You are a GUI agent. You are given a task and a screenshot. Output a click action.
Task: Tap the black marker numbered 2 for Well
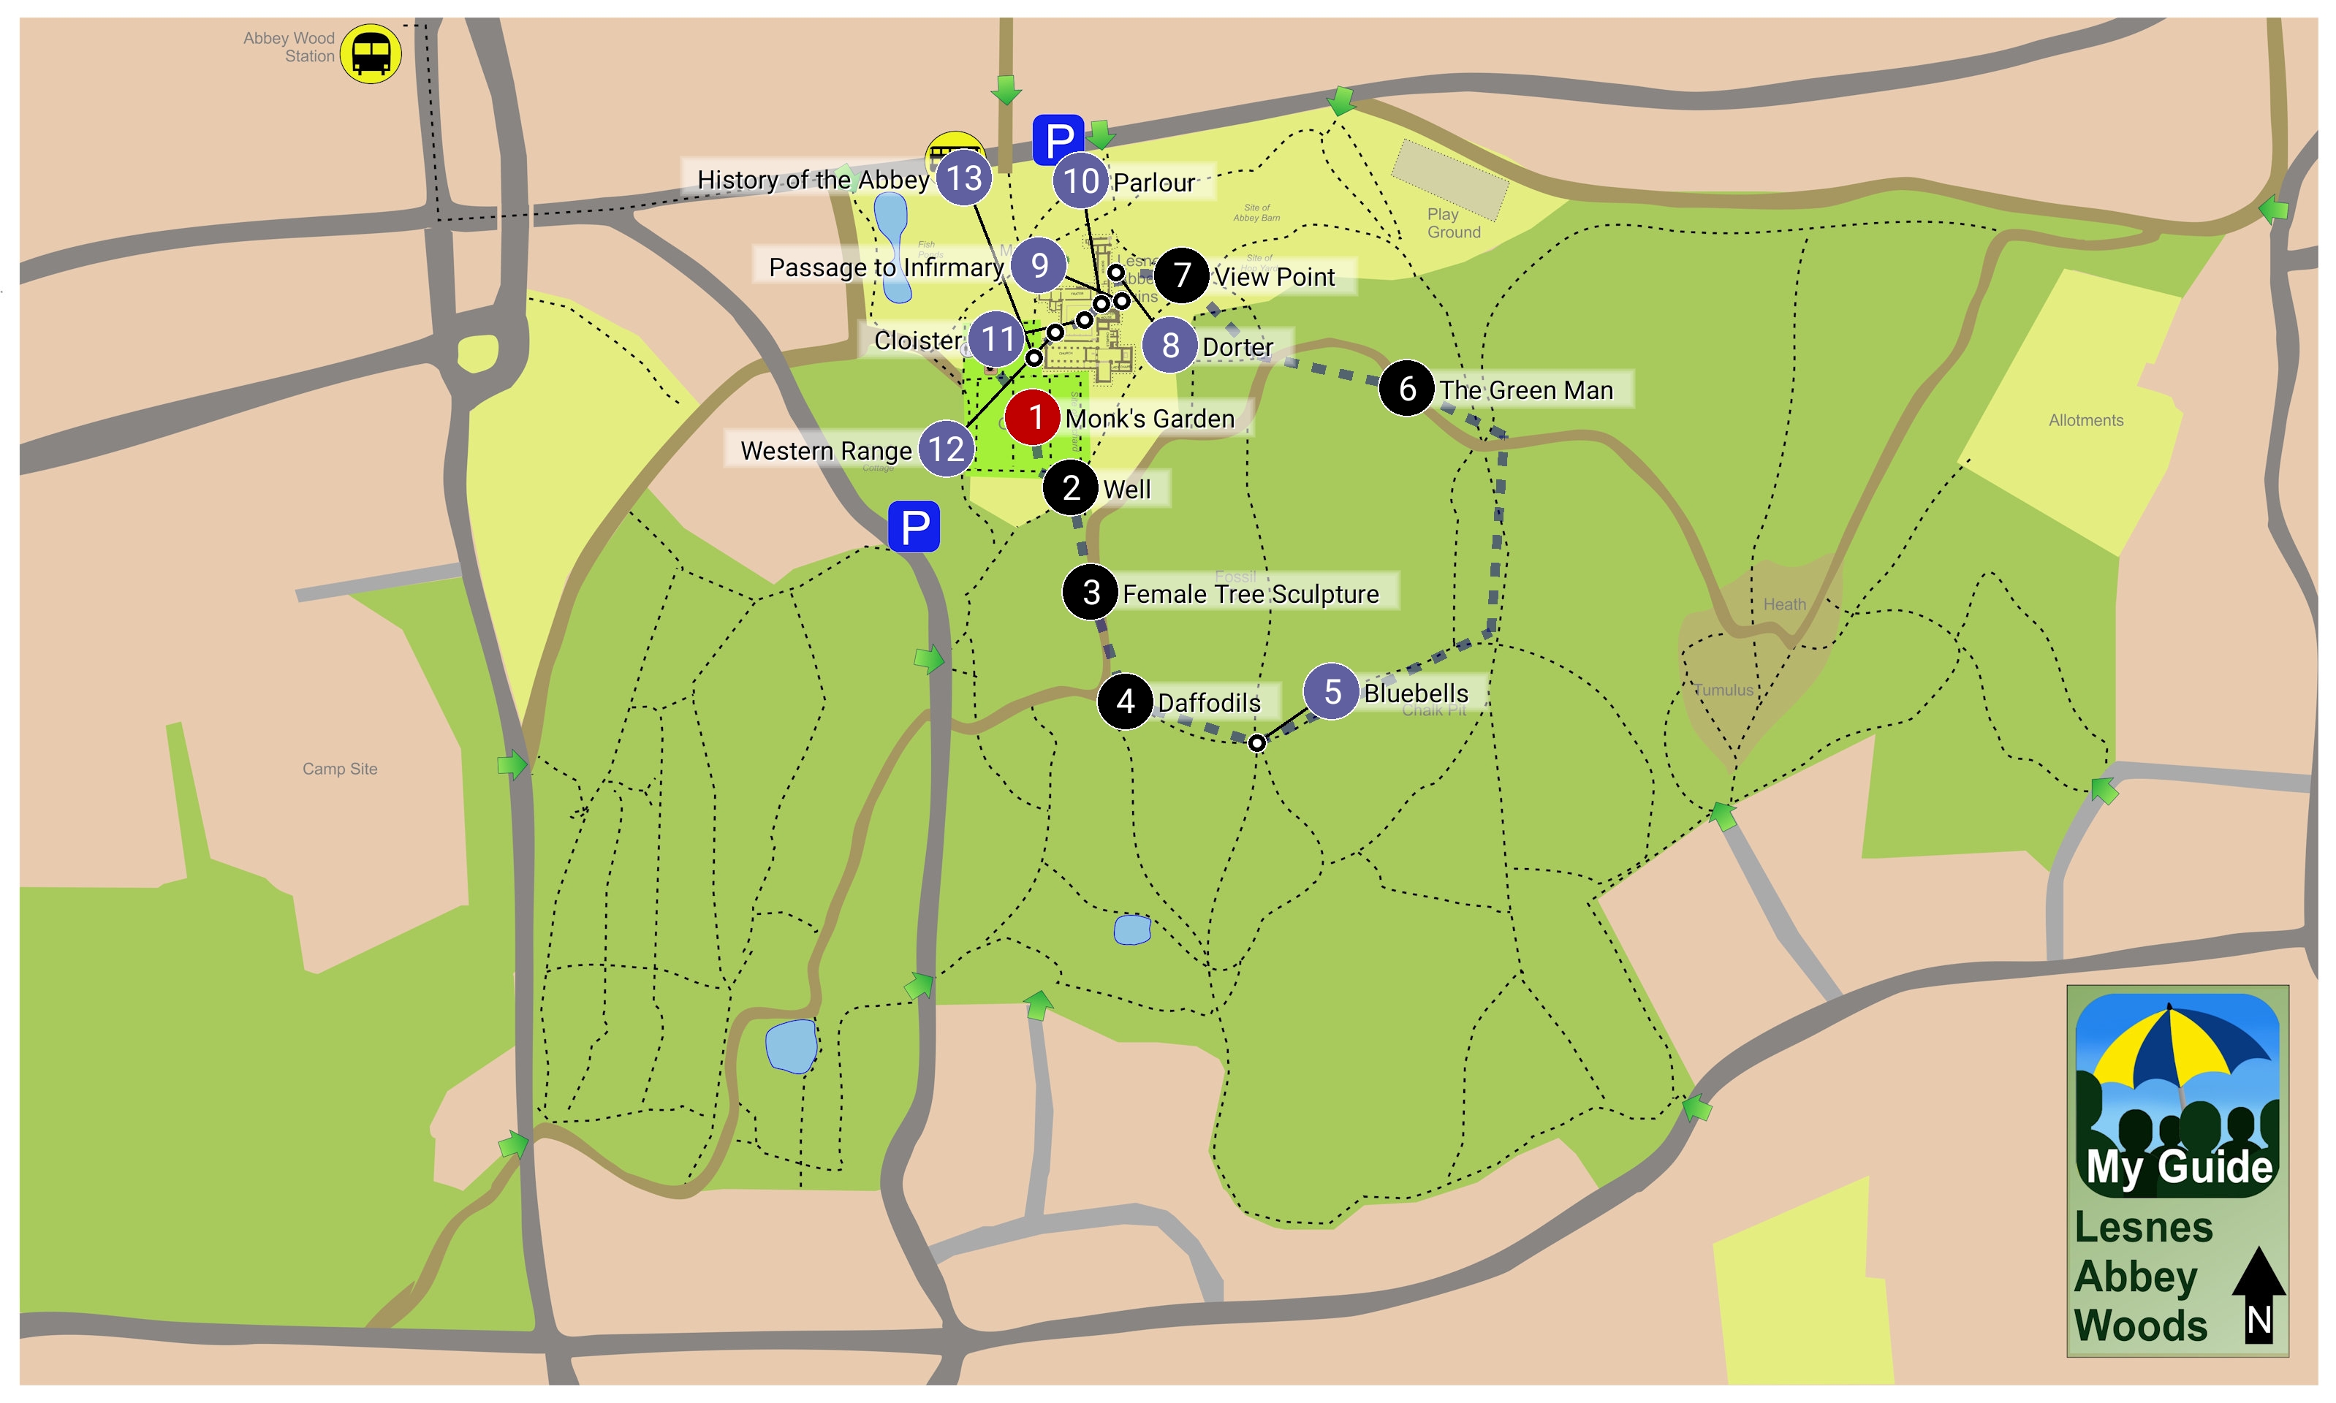point(1069,488)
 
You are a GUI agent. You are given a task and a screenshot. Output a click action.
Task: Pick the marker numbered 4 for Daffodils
point(1124,701)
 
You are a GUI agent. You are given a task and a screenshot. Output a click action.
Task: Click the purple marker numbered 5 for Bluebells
point(1331,691)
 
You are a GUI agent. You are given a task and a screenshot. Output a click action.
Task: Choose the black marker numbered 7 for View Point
point(1180,275)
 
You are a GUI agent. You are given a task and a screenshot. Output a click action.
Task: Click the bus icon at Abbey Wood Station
point(371,54)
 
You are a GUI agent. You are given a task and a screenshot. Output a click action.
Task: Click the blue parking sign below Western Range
point(913,527)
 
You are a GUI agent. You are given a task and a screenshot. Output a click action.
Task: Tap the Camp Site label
point(339,769)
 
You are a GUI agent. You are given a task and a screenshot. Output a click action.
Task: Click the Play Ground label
point(1452,223)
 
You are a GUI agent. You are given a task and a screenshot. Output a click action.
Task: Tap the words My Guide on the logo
point(2178,1167)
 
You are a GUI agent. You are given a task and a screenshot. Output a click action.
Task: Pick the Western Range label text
point(825,450)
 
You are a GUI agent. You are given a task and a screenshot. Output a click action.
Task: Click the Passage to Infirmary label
point(885,267)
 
